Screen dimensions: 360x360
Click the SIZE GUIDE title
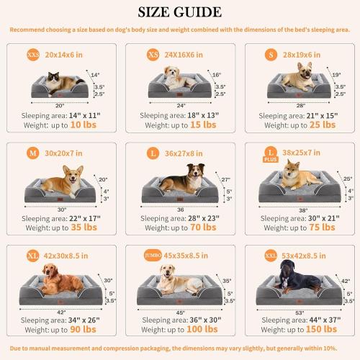[179, 12]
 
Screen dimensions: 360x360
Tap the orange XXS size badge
[34, 53]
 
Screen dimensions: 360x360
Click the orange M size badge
[33, 153]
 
